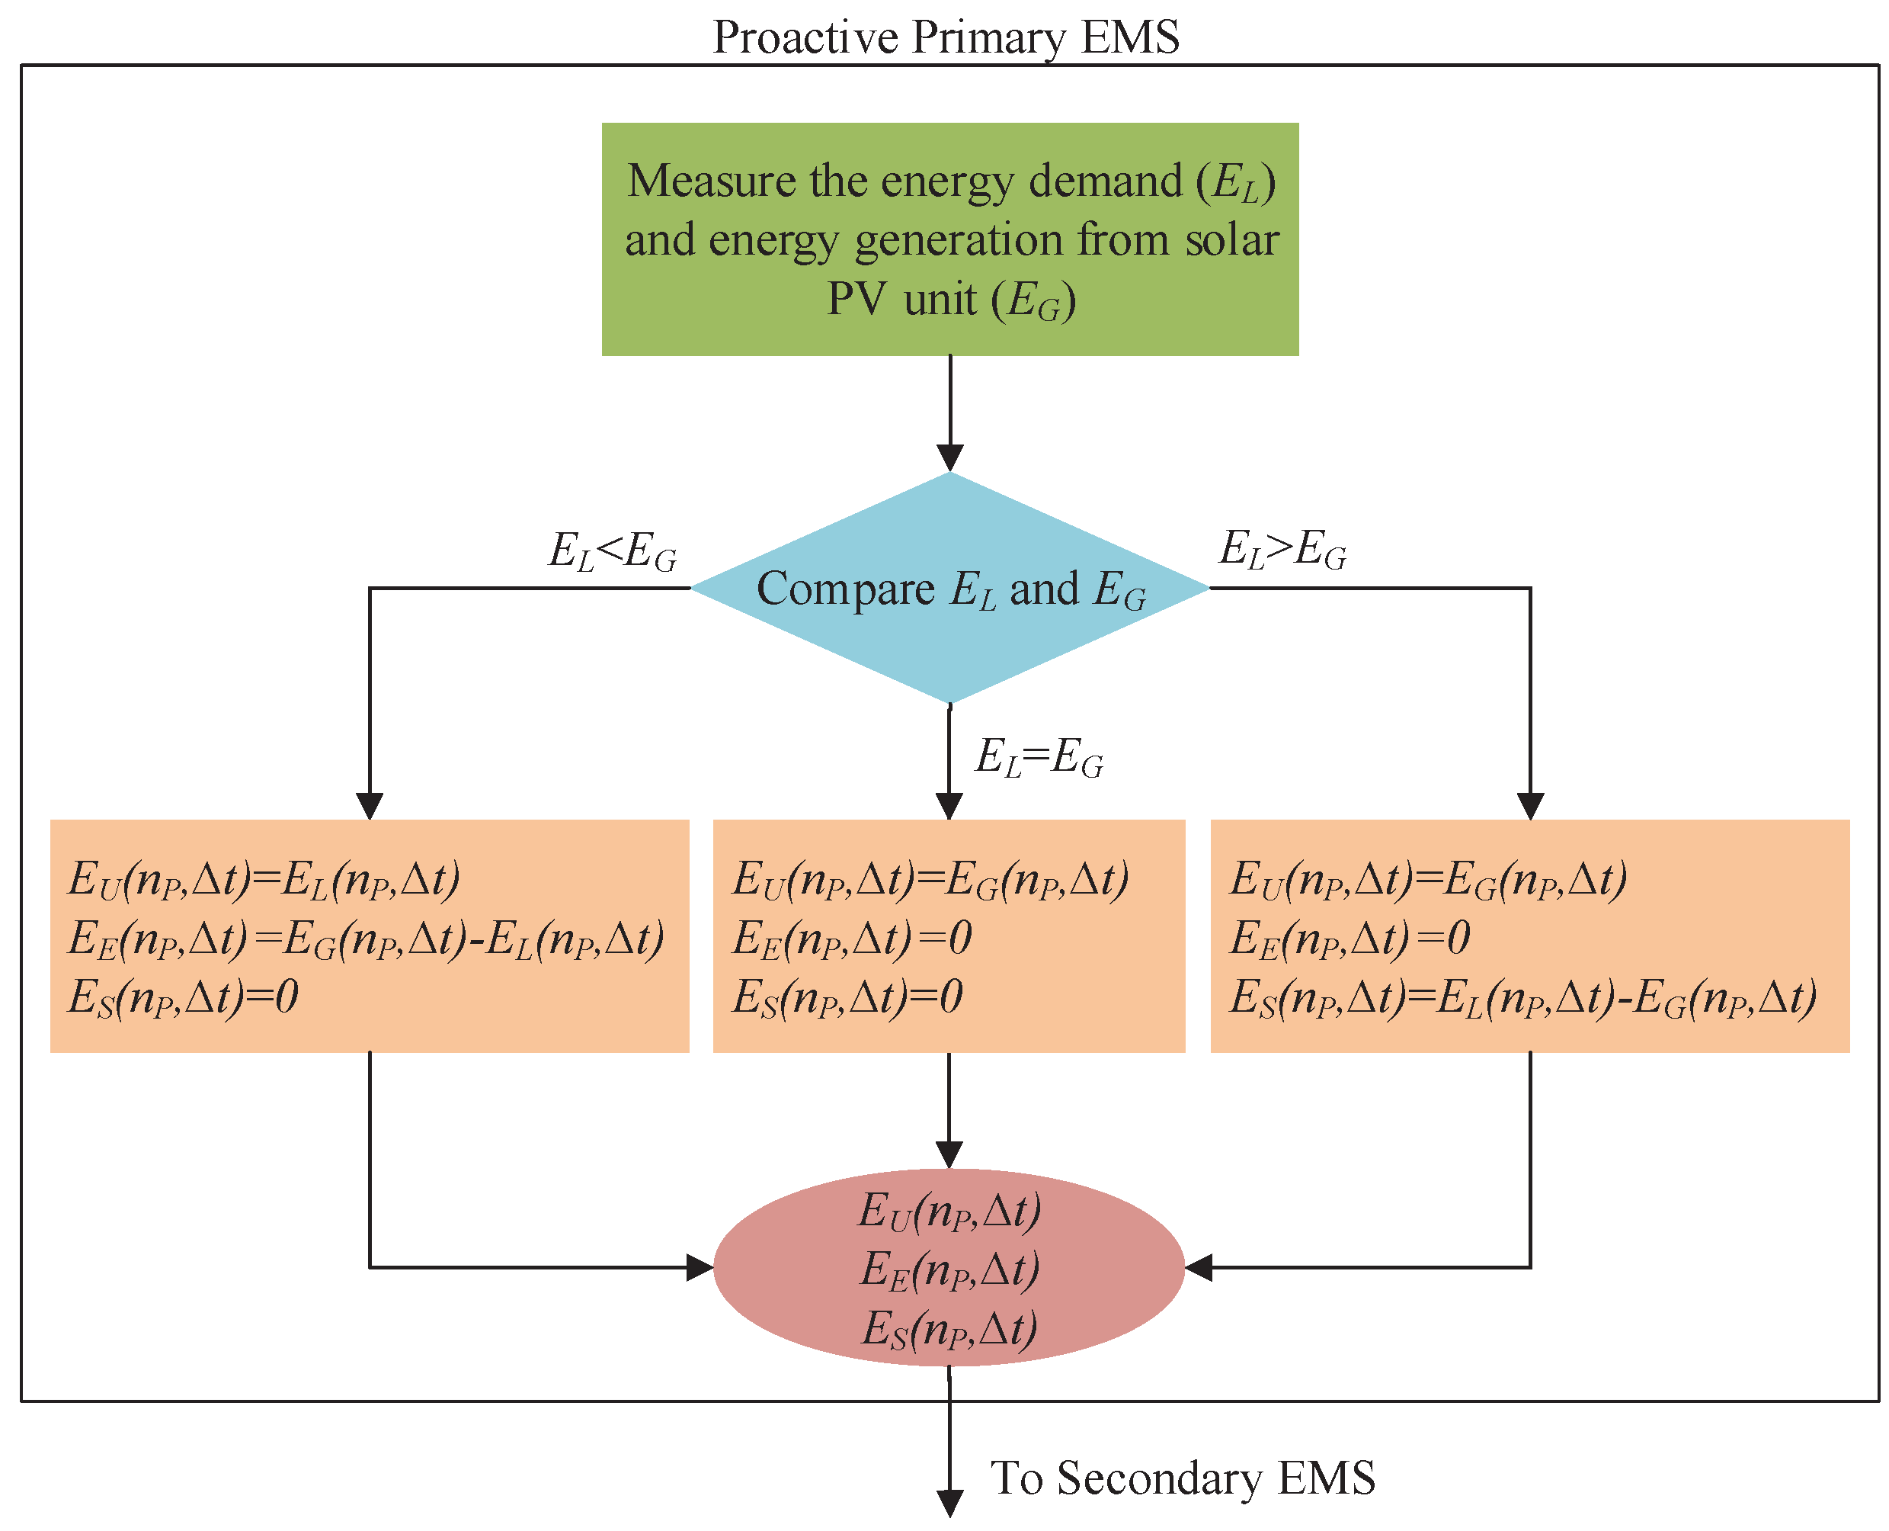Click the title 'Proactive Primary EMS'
[x=945, y=37]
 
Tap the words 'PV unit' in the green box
[x=901, y=299]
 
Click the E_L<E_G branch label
[x=613, y=551]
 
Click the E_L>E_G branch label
[x=1282, y=550]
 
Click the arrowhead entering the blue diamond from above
[x=949, y=457]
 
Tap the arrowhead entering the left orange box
[x=370, y=805]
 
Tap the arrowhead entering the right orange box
[x=1530, y=805]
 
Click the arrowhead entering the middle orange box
[x=949, y=805]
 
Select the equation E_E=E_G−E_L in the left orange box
[x=366, y=939]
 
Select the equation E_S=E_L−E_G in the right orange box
[x=1522, y=998]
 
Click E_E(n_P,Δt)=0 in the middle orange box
[x=851, y=939]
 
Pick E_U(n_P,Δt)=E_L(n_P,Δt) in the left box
[x=264, y=879]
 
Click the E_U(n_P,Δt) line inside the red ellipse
[x=949, y=1210]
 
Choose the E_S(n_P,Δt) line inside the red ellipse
[x=949, y=1329]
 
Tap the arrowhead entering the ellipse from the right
[x=1199, y=1268]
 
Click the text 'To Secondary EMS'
[x=1182, y=1478]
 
